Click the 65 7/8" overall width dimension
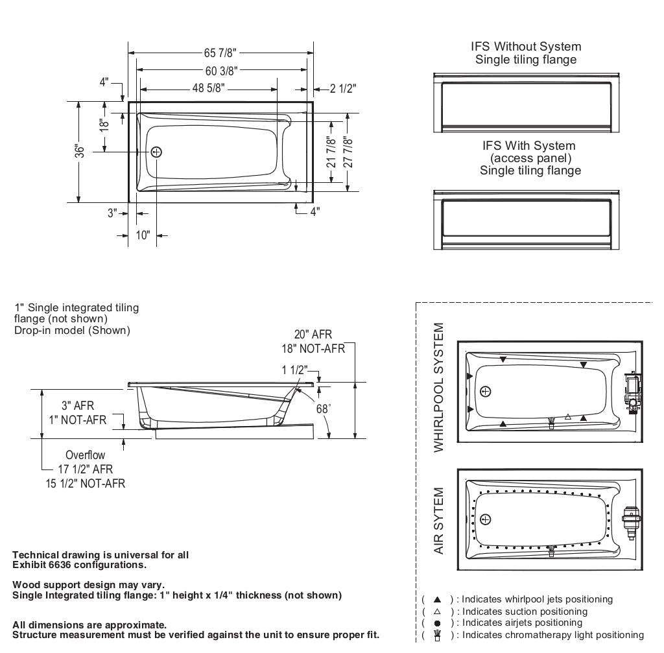pyautogui.click(x=220, y=53)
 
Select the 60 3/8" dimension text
pyautogui.click(x=221, y=71)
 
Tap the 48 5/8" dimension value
pyautogui.click(x=207, y=89)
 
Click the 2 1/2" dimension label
pyautogui.click(x=343, y=89)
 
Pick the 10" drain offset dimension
pyautogui.click(x=143, y=235)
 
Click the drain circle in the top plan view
pyautogui.click(x=156, y=152)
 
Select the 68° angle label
pyautogui.click(x=323, y=409)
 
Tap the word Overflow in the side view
pyautogui.click(x=85, y=455)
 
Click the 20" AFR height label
pyautogui.click(x=313, y=335)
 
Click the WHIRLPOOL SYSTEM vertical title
pyautogui.click(x=440, y=387)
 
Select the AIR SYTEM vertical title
pyautogui.click(x=440, y=521)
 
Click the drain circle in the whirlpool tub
pyautogui.click(x=486, y=391)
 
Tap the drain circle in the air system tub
pyautogui.click(x=486, y=519)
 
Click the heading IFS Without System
pyautogui.click(x=526, y=47)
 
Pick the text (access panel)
pyautogui.click(x=530, y=158)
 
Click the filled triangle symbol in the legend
pyautogui.click(x=437, y=599)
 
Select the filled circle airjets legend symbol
pyautogui.click(x=437, y=623)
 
